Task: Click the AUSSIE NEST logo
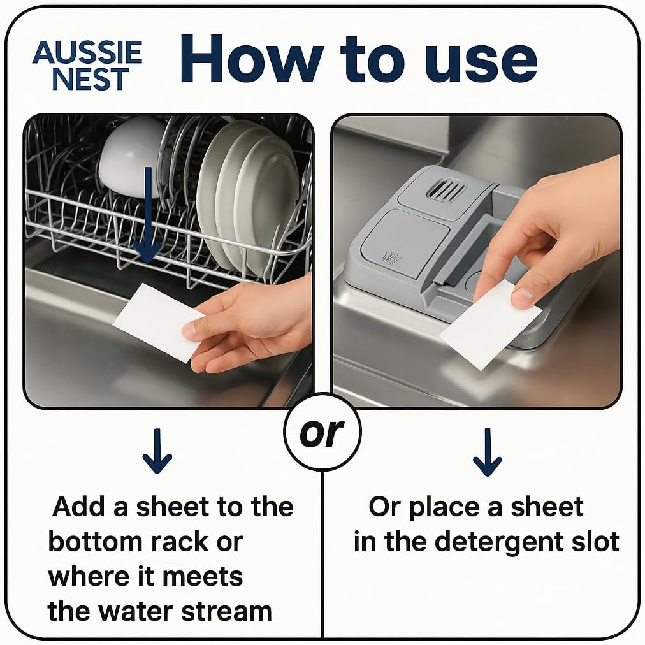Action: pos(87,66)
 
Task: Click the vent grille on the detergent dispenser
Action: pos(446,189)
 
